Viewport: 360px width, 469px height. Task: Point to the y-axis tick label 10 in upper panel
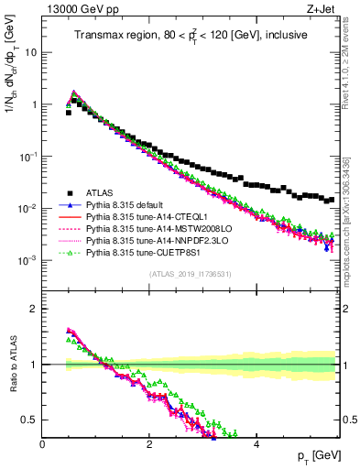click(30, 52)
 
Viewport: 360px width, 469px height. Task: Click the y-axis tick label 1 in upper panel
click(34, 104)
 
